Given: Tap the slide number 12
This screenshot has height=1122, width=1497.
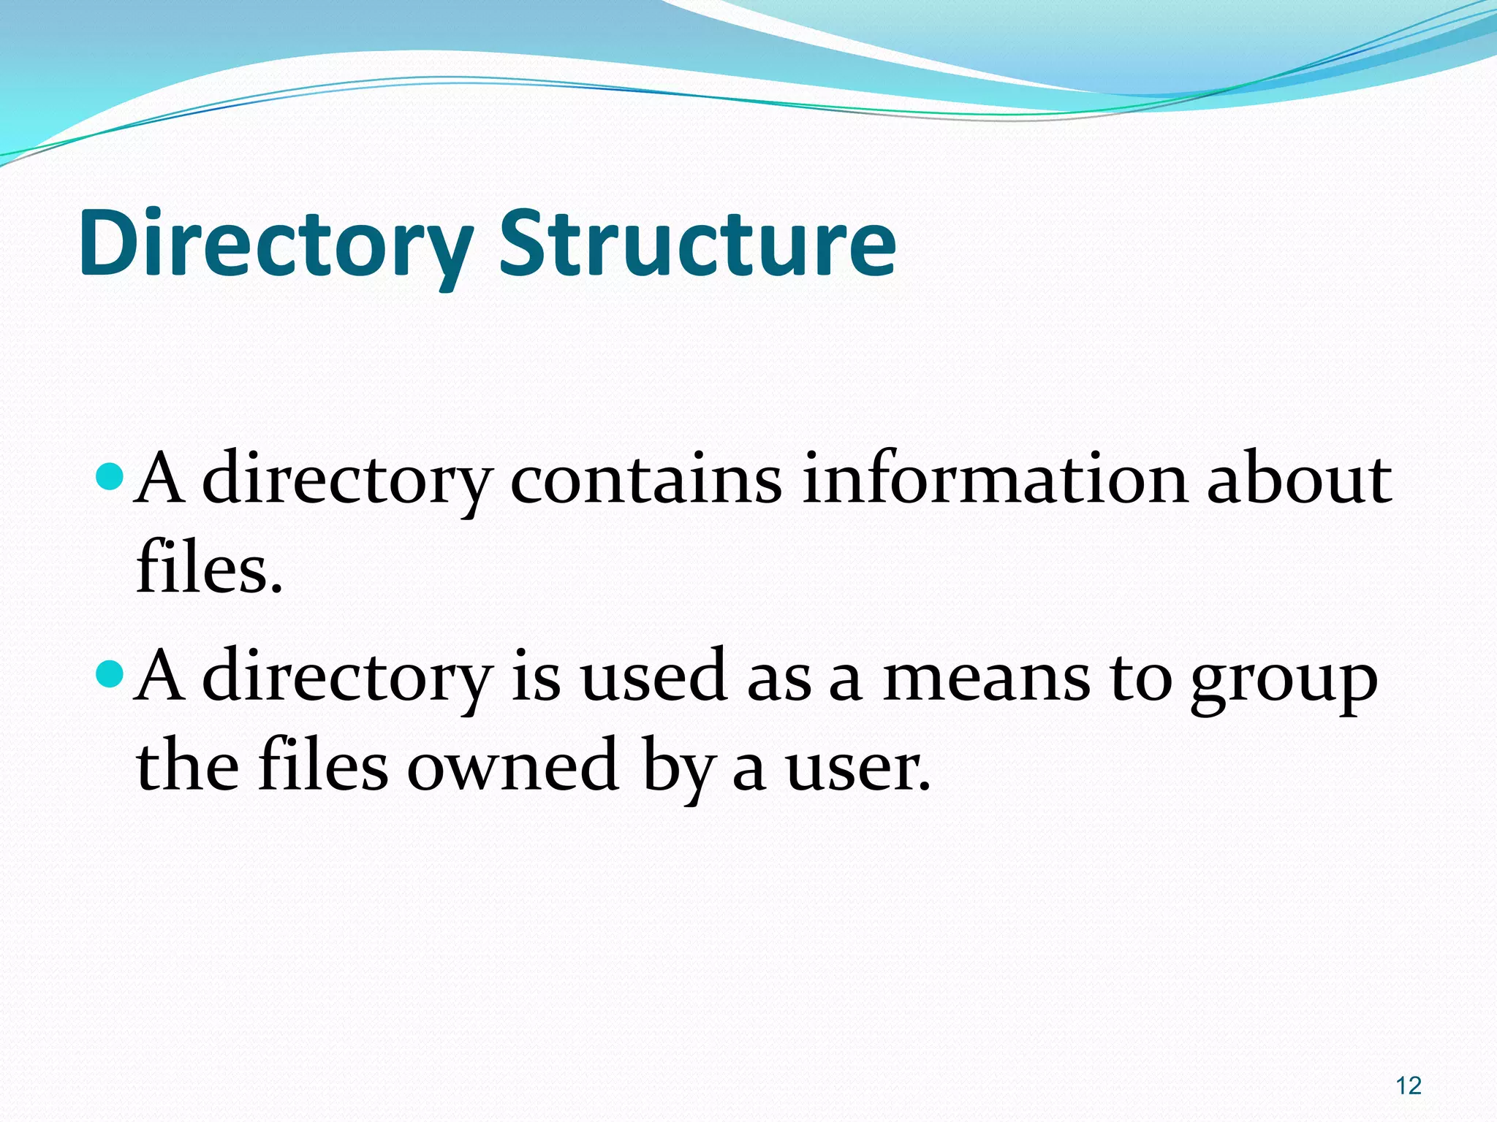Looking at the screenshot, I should point(1408,1085).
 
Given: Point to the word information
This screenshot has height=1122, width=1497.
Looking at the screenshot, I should point(995,480).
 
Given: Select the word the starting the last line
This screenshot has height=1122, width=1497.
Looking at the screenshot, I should point(187,766).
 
